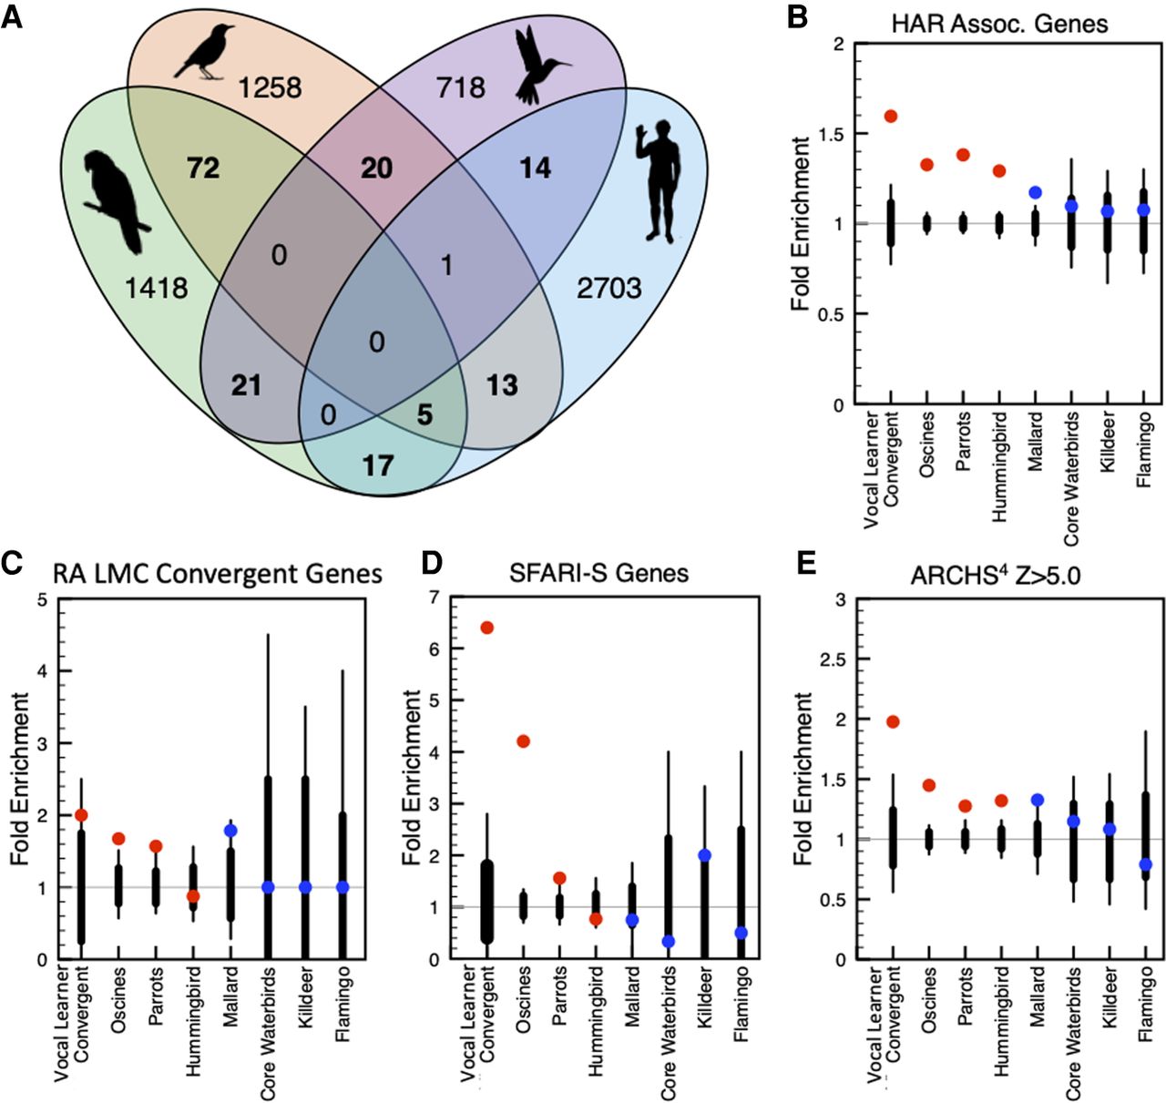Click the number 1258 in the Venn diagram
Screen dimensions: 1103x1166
pos(270,87)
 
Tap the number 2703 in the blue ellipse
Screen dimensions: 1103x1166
pos(609,289)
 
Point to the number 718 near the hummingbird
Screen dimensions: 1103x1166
pos(461,87)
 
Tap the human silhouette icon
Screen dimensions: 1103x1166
pos(659,179)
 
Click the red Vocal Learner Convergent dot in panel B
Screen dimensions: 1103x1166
pos(890,116)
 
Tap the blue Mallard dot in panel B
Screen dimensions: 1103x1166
pos(1035,192)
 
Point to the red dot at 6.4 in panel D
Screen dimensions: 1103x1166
pos(486,628)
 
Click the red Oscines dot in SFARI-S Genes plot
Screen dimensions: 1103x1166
pos(523,741)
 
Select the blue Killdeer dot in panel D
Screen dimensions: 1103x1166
pos(705,855)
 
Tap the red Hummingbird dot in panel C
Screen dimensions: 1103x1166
pos(192,896)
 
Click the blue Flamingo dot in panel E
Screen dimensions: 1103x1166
pos(1145,864)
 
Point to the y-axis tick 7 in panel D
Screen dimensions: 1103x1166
pos(434,597)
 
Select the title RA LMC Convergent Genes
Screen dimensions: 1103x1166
pos(218,573)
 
